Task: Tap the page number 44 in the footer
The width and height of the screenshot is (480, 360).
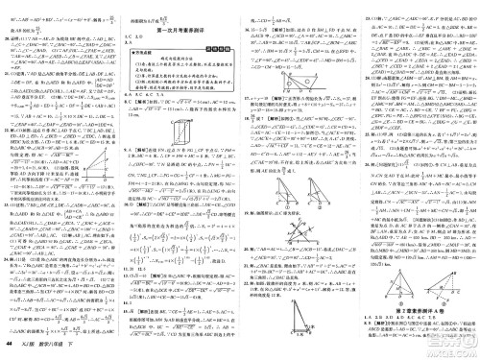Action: [x=11, y=347]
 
